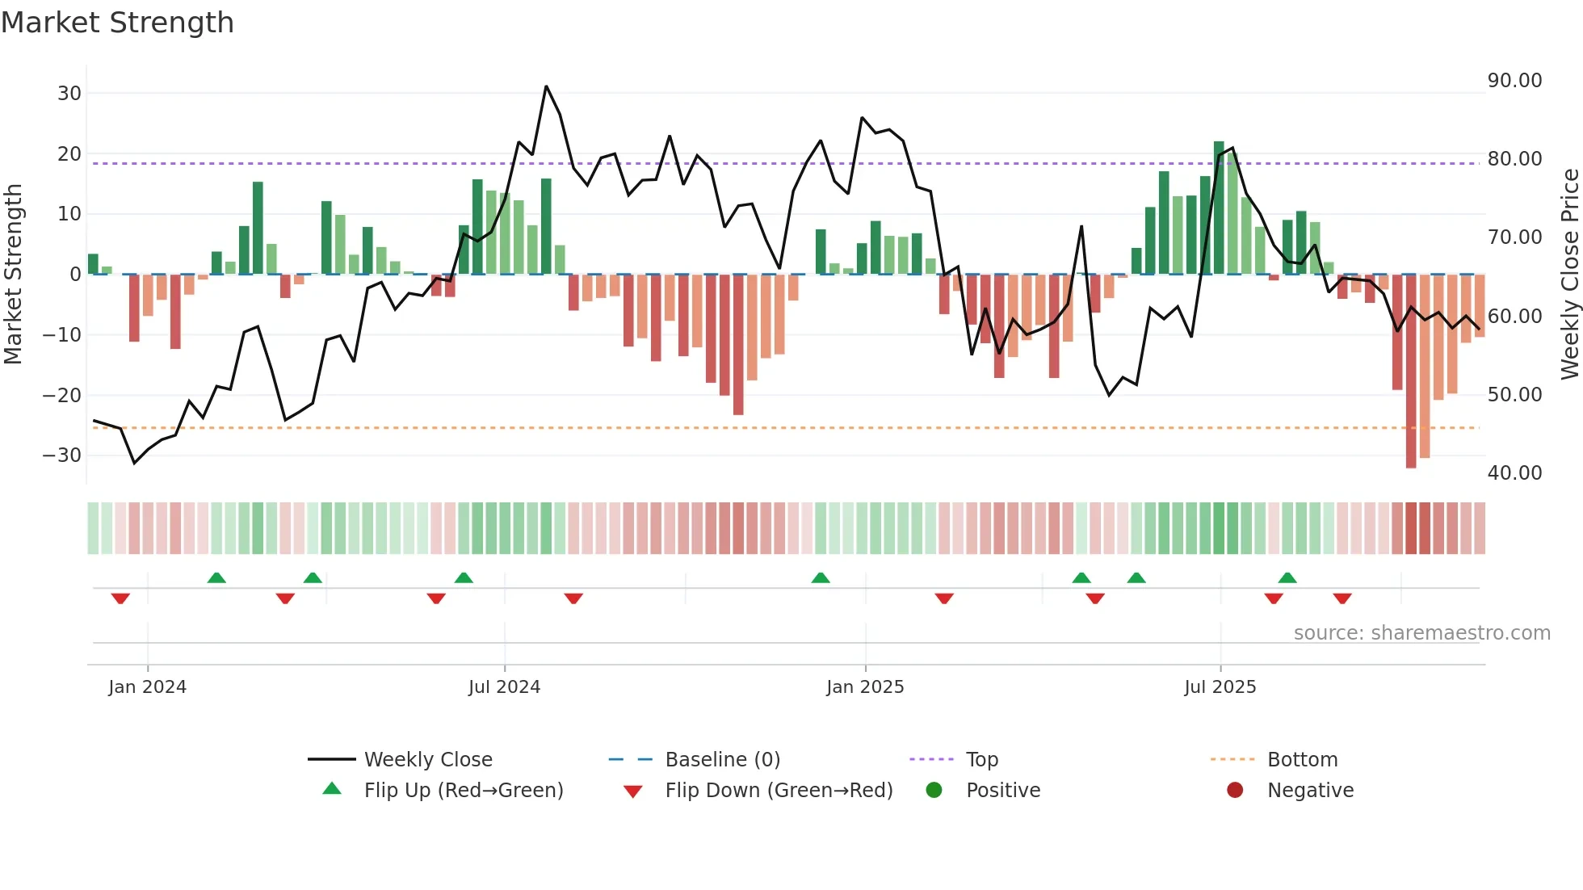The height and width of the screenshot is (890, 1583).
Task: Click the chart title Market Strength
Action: (117, 23)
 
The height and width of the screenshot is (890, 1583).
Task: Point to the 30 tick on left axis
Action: (69, 93)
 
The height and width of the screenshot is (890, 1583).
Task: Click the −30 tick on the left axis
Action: (63, 455)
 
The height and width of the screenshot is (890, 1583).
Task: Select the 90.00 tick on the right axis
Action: (1514, 81)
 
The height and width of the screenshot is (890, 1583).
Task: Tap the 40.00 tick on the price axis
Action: (1514, 473)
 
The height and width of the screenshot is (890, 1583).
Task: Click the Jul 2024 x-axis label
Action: (504, 687)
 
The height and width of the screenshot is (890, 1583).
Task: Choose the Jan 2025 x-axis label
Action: (865, 687)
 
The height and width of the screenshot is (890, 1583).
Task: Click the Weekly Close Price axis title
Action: (1569, 274)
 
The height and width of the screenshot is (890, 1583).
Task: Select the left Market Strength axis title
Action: (13, 274)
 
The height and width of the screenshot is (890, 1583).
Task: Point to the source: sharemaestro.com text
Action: (1421, 633)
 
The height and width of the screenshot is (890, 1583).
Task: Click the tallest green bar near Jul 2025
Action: (1219, 208)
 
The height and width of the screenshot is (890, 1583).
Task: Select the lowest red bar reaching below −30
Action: (1411, 372)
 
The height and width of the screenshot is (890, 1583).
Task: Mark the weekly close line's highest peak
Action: (546, 86)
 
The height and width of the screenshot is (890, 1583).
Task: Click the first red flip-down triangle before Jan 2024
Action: (120, 598)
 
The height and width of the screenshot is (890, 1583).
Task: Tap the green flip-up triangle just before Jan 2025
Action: (821, 577)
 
